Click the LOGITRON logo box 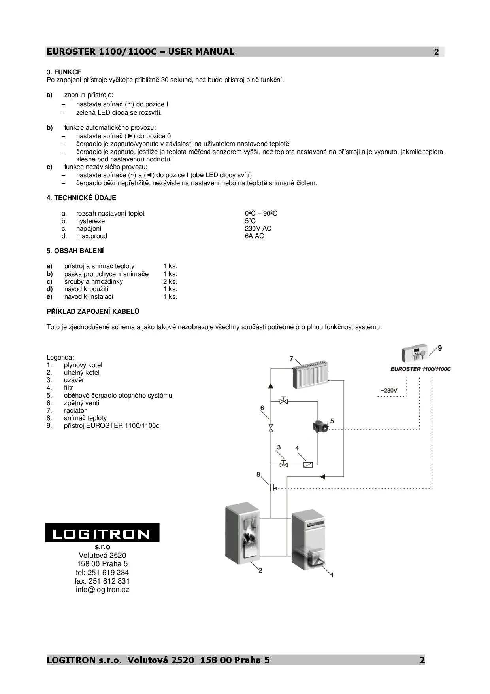point(102,533)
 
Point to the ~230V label point(389,391)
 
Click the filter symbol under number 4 point(308,465)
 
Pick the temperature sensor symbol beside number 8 point(272,487)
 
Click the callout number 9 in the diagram point(440,348)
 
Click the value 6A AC point(254,236)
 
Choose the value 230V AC point(258,229)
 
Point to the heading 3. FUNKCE point(64,72)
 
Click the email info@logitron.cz point(102,590)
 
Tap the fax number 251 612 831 point(102,581)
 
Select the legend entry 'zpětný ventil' point(82,403)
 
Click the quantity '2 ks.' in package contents point(170,282)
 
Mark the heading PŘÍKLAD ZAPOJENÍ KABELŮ point(93,312)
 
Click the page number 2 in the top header point(436,52)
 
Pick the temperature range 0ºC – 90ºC point(261,214)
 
